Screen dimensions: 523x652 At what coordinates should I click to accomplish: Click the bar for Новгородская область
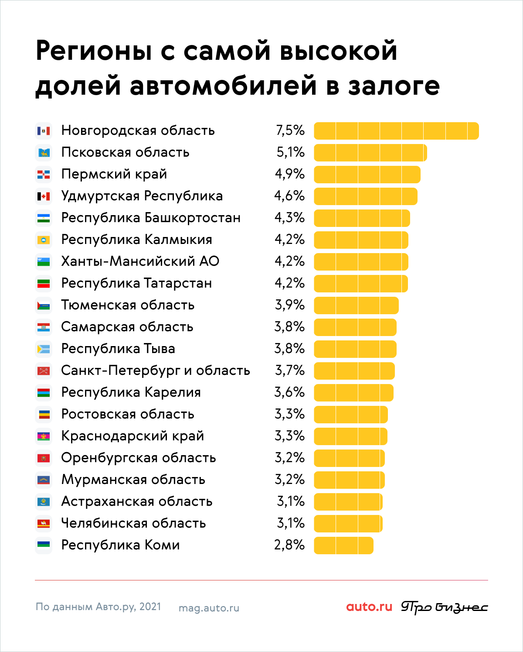click(396, 131)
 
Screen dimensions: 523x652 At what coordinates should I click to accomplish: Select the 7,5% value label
click(290, 130)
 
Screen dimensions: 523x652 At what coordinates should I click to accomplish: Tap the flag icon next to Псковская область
click(44, 153)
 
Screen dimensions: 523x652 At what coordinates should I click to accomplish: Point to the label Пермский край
click(114, 175)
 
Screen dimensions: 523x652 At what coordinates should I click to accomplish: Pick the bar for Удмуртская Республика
click(366, 196)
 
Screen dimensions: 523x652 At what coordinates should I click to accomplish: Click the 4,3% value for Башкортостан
click(289, 218)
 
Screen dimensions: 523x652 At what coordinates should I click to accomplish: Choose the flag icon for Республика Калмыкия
click(44, 240)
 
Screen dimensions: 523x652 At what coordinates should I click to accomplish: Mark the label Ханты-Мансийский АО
click(140, 261)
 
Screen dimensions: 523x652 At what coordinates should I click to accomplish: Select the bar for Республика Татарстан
click(361, 284)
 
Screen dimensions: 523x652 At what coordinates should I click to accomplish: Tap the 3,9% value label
click(290, 305)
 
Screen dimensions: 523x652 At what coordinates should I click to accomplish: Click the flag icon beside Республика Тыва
click(44, 349)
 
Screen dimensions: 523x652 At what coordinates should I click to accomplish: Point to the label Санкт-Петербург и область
click(156, 371)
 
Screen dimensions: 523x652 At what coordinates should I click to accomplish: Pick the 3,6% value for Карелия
click(289, 392)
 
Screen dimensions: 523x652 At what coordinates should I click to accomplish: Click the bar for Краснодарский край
click(350, 436)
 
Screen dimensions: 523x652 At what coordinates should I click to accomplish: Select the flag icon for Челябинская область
click(44, 524)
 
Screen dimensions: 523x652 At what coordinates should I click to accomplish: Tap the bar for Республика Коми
click(343, 546)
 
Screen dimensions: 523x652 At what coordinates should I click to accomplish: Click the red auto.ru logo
click(369, 607)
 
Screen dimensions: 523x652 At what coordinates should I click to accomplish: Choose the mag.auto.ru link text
click(209, 608)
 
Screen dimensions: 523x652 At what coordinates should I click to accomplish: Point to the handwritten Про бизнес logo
click(444, 607)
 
